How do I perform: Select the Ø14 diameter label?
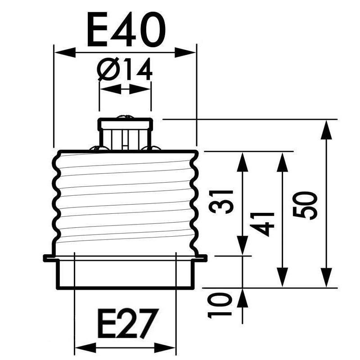(x=125, y=71)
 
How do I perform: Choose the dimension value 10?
(x=221, y=305)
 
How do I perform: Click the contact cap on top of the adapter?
(x=126, y=124)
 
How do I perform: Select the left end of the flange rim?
(x=46, y=258)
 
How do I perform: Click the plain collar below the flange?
(x=126, y=274)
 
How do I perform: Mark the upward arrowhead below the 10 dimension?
(x=243, y=297)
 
